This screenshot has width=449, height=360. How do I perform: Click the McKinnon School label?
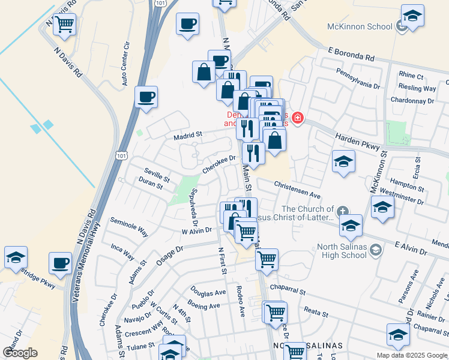[359, 26]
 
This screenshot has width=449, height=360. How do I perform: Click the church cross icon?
[342, 211]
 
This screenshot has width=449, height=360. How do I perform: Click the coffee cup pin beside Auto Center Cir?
[146, 98]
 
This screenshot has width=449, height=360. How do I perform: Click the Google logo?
[20, 352]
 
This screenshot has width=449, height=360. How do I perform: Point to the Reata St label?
[316, 314]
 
